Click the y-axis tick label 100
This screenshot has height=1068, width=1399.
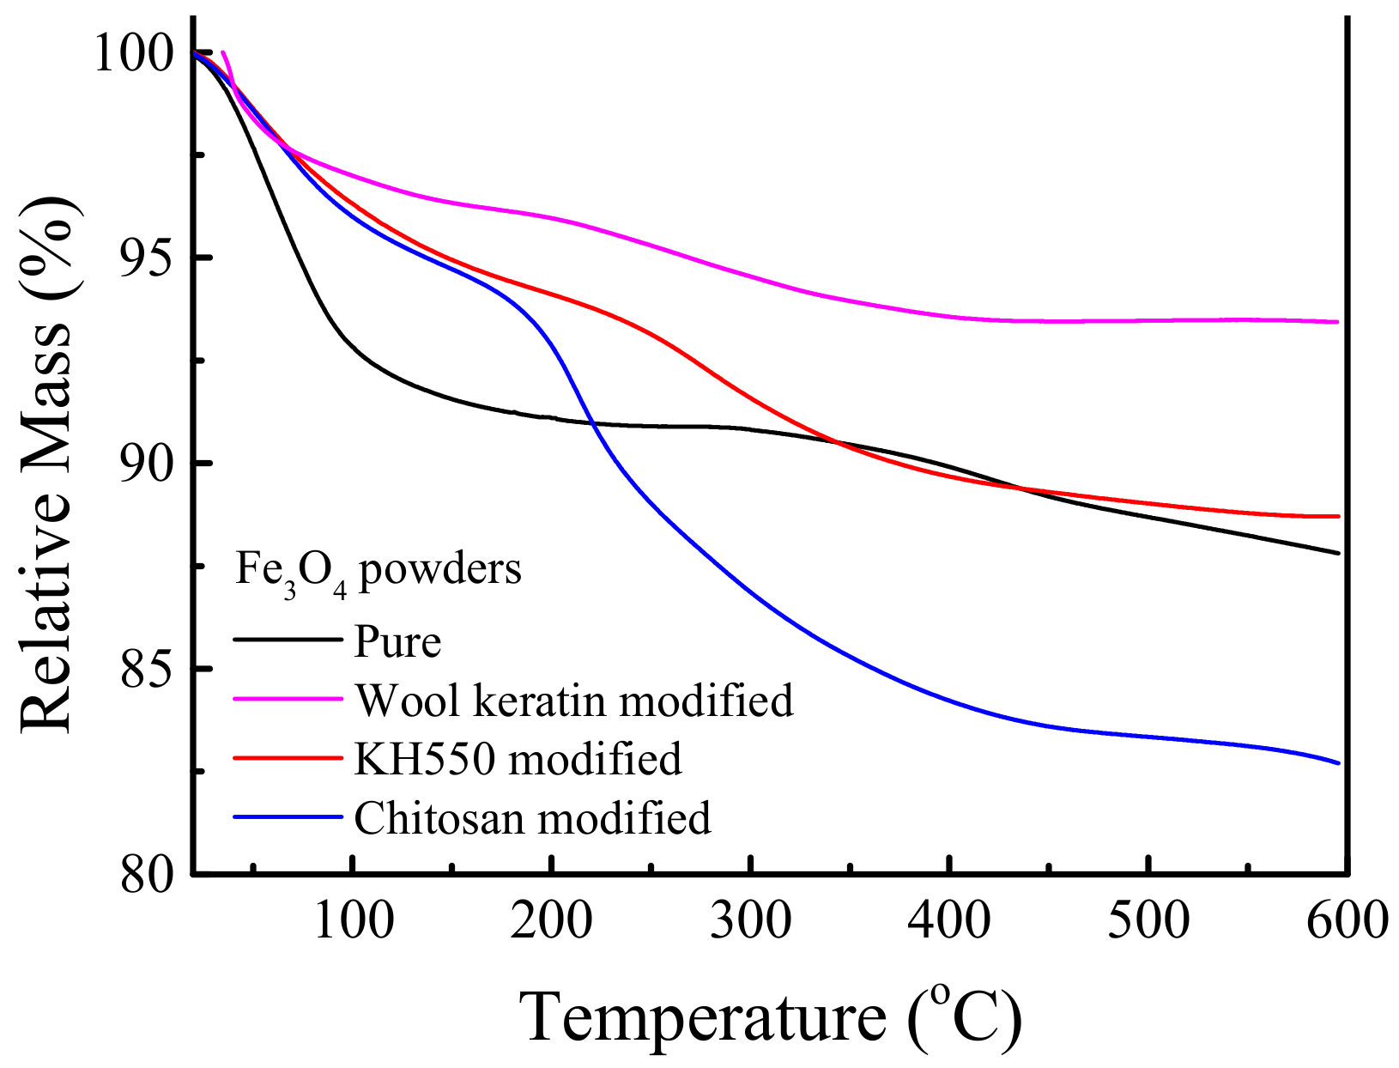click(136, 53)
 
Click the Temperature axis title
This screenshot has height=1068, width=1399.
click(770, 1017)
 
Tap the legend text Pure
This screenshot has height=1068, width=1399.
click(397, 641)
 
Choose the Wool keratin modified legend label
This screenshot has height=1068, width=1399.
click(573, 701)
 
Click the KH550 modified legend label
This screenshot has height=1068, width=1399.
click(518, 759)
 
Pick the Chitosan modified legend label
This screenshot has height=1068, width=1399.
click(532, 818)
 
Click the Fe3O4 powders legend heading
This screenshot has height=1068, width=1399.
click(378, 569)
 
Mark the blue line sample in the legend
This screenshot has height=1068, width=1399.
click(288, 816)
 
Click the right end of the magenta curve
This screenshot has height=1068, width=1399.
click(1336, 322)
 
